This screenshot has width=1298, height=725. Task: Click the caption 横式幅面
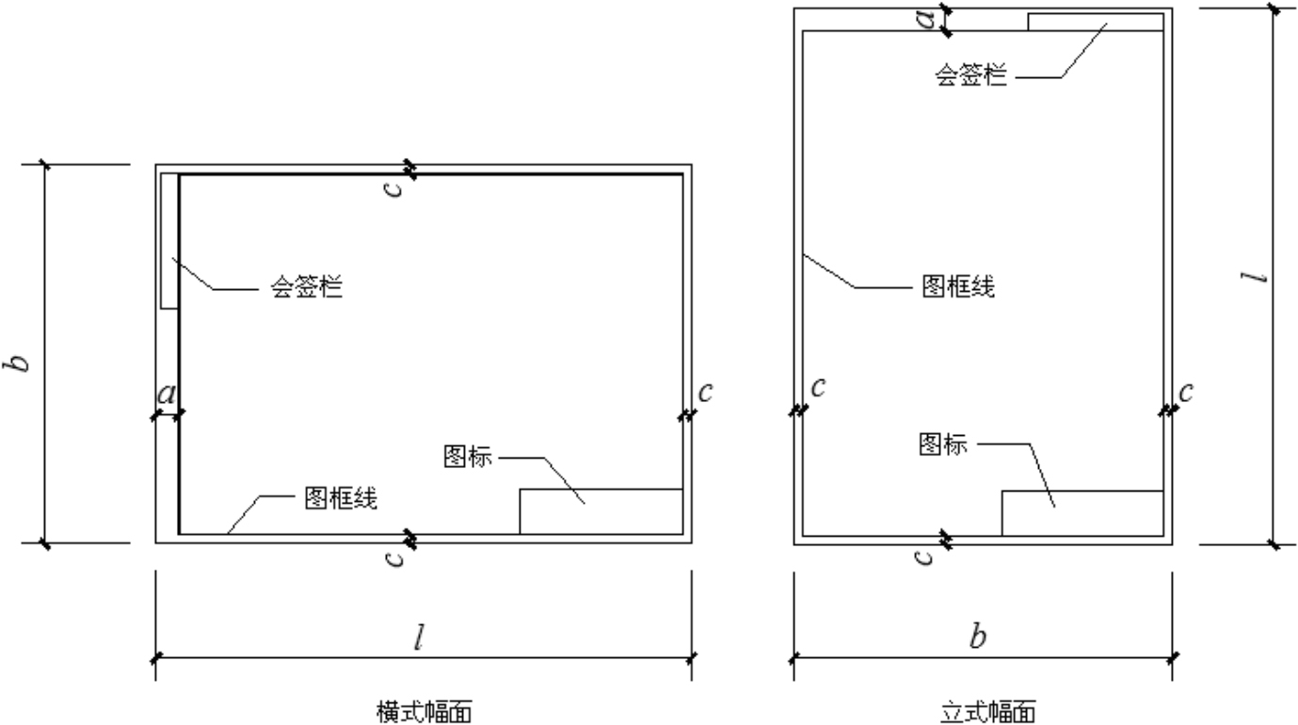click(425, 712)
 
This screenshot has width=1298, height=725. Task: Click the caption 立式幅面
click(987, 712)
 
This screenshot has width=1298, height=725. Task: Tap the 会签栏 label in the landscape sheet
click(307, 286)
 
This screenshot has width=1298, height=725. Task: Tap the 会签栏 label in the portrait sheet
click(970, 74)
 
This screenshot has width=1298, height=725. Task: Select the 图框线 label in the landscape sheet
click(341, 498)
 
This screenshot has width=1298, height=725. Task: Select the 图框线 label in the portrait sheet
click(958, 286)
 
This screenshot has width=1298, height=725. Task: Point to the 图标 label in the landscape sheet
click(467, 457)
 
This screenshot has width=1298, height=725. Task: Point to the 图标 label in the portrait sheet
click(943, 443)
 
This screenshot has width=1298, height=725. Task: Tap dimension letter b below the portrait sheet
click(978, 636)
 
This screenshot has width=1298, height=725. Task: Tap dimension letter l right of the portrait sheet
click(1255, 277)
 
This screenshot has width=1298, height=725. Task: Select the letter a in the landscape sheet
click(167, 395)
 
